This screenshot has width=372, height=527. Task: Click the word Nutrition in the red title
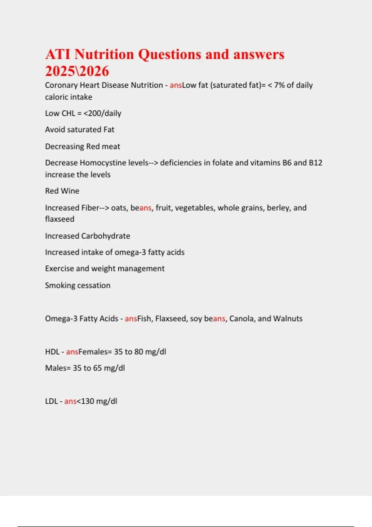pos(104,54)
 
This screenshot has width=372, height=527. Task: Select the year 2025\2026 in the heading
pos(77,71)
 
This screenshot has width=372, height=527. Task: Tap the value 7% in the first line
pos(279,85)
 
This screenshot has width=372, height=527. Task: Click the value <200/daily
pos(102,113)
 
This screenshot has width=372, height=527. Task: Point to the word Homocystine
pos(114,163)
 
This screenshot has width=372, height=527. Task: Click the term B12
pos(316,163)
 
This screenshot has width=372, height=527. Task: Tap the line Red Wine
pos(62,191)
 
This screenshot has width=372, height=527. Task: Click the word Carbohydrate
pos(106,236)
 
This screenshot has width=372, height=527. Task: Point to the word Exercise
pos(59,268)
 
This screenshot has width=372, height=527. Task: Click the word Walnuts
pos(288,319)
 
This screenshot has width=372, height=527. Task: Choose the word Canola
pos(241,319)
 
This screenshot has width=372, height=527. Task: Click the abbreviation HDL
pos(52,352)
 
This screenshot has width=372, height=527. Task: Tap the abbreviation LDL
pos(51,401)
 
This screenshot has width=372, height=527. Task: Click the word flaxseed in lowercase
pos(60,219)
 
